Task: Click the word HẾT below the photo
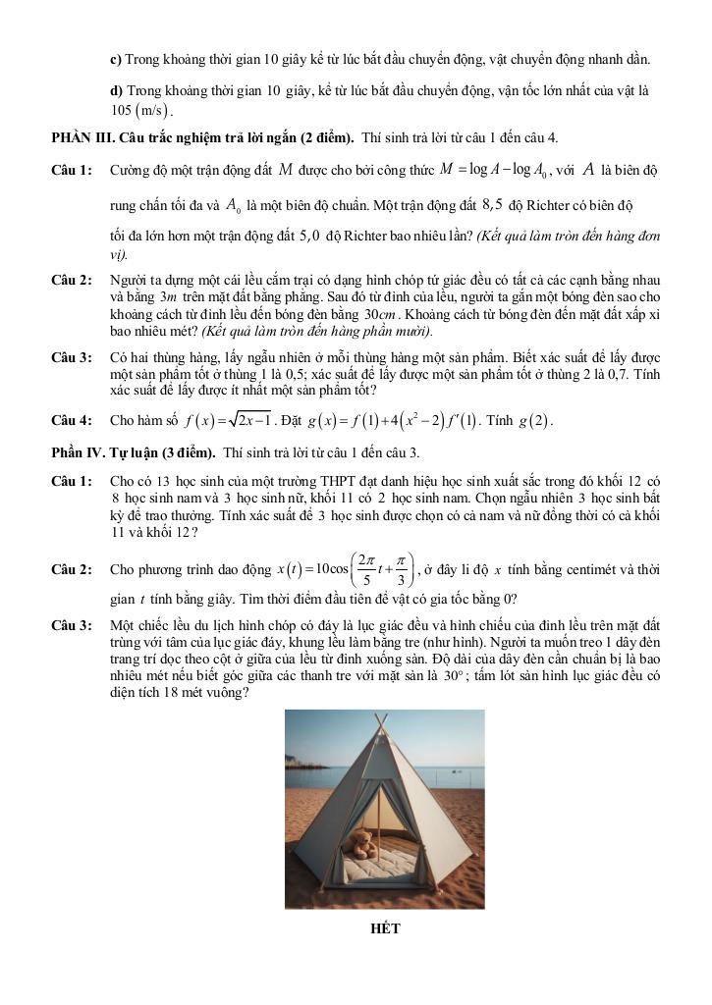[x=386, y=928]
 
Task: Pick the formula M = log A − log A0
[x=494, y=170]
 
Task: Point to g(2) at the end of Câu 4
[x=537, y=422]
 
